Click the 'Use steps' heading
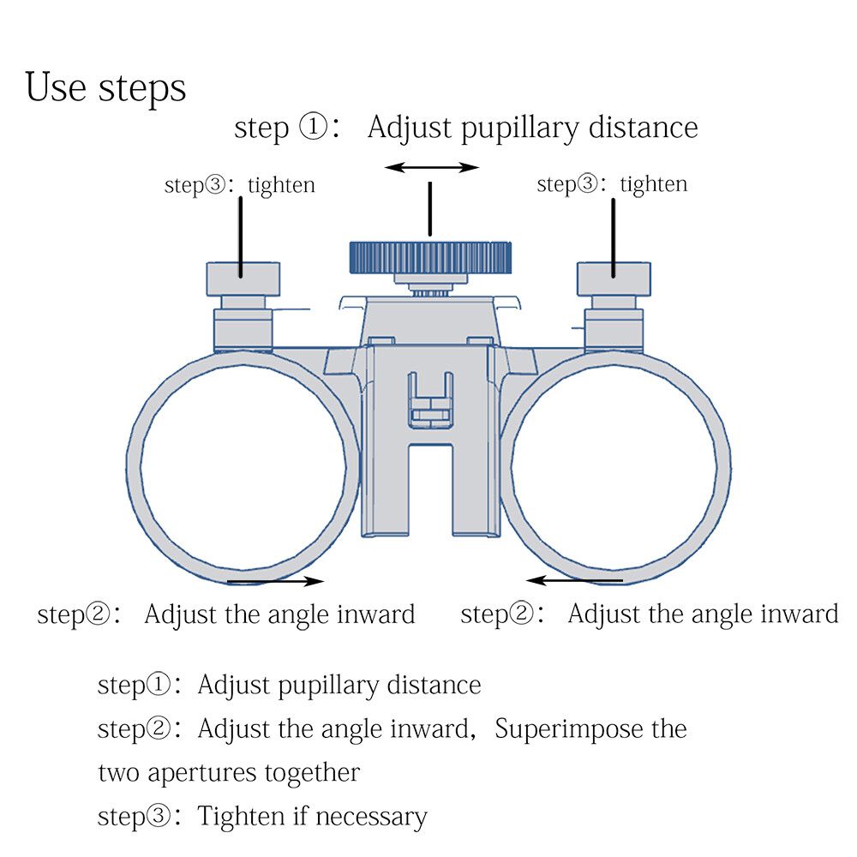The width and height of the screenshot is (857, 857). pos(105,87)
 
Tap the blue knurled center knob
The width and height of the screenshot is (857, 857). pos(431,257)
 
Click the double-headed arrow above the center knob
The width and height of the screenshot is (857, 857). pos(432,167)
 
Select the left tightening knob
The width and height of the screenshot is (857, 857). pos(243,279)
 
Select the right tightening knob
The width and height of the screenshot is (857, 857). pos(614,279)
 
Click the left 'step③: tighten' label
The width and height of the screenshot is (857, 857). pos(239,185)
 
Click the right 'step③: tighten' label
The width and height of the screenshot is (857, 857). pos(612,184)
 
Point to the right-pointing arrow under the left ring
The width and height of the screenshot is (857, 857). pos(275,581)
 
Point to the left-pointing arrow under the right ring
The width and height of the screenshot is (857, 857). pos(574,580)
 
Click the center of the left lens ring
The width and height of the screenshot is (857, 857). pos(134,468)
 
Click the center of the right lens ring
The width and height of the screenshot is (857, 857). pos(724,468)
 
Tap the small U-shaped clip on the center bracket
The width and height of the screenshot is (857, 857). pos(431,400)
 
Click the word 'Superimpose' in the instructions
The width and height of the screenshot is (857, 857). pos(568,729)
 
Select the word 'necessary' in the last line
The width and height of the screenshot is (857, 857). pos(371,817)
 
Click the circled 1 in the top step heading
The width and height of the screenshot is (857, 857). pos(313,127)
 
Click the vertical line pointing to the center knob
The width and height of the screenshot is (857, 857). pos(430,209)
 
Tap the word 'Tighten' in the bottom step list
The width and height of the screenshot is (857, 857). pos(240,817)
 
